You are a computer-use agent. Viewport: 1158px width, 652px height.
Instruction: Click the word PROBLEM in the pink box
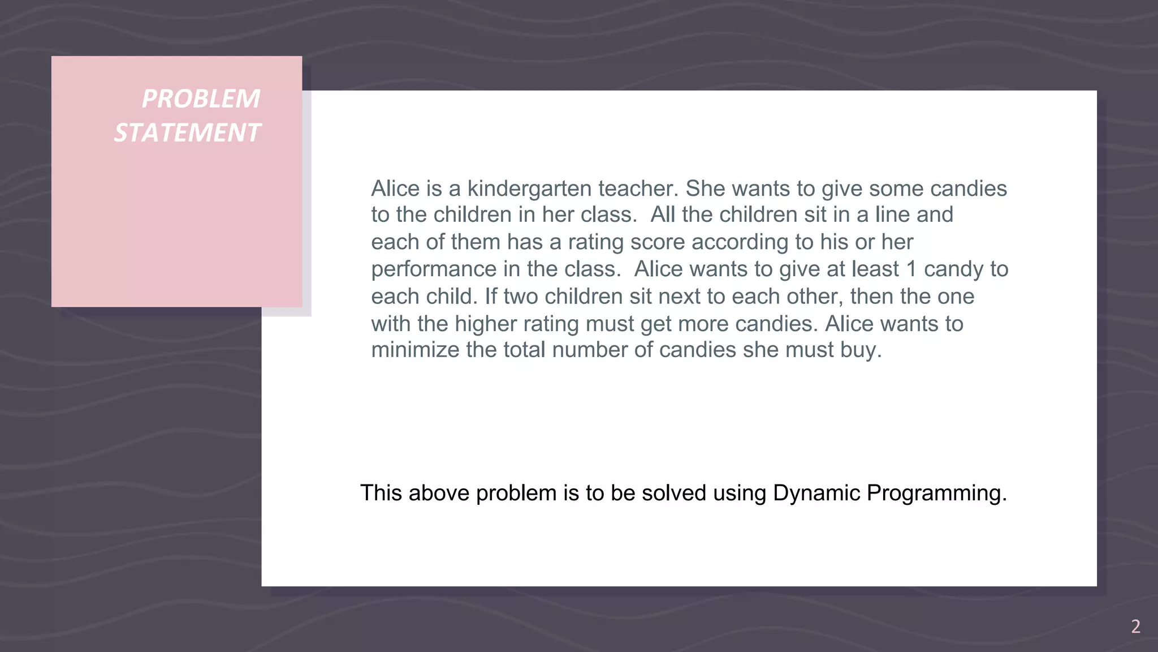click(x=201, y=99)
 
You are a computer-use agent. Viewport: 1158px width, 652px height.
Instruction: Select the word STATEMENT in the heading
click(x=187, y=133)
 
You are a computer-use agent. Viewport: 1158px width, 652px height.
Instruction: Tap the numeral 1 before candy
click(x=911, y=269)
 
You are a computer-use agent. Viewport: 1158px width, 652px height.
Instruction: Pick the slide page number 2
click(x=1135, y=627)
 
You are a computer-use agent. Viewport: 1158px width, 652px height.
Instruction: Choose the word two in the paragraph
click(x=520, y=297)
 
